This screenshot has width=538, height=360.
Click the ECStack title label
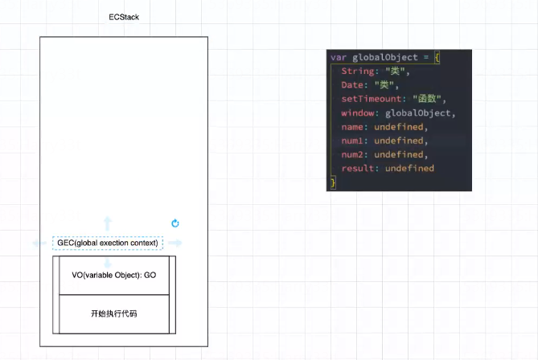124,18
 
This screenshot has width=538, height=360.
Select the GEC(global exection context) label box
108,243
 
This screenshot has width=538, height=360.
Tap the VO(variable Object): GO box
113,275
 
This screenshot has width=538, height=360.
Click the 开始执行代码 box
113,313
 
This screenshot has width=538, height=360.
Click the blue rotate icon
175,223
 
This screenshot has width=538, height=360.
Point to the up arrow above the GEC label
108,223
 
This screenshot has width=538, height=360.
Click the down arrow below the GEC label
108,263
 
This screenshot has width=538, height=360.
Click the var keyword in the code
338,58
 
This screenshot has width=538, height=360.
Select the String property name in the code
356,72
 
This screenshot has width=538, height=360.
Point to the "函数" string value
429,99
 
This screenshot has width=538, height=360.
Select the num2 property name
353,154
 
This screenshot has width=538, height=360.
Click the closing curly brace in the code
332,182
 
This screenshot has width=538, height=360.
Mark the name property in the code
353,127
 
